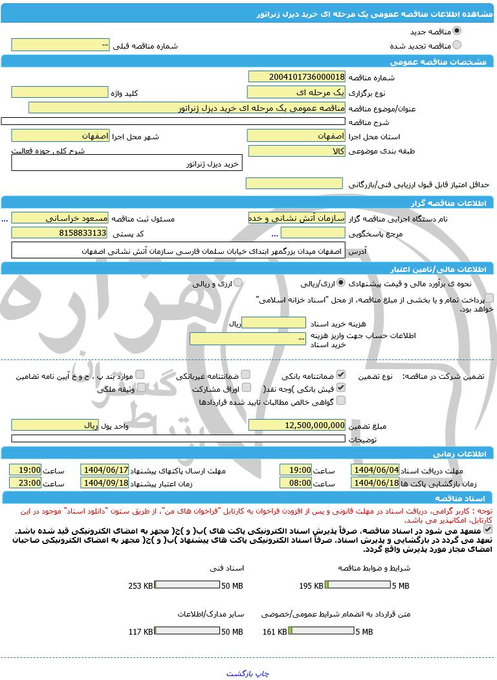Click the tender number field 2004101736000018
coord(296,76)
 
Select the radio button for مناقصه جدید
coord(457,30)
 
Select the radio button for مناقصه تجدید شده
coord(457,45)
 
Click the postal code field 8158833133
coord(60,232)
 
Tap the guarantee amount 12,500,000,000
coord(296,425)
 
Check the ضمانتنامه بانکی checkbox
coord(341,374)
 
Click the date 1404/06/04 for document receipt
coord(375,470)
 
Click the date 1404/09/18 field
coord(105,482)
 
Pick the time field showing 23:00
coord(25,482)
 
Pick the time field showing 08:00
coord(295,482)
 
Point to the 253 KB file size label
coord(140,586)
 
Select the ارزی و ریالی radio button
coord(238,283)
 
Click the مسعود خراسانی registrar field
coord(60,218)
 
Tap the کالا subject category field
coord(296,151)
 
